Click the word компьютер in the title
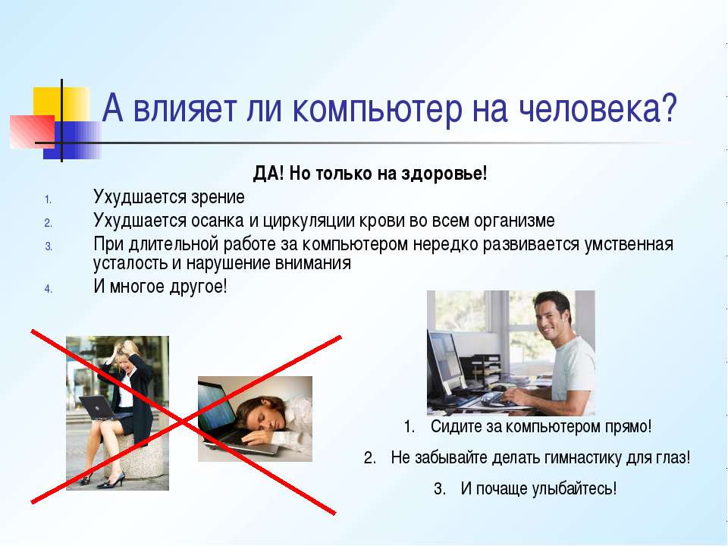click(378, 109)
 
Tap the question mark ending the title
click(668, 108)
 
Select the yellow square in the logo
click(61, 105)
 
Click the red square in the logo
click(32, 131)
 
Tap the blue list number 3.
click(49, 246)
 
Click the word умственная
click(629, 244)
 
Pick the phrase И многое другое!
click(160, 287)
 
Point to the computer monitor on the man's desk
click(444, 365)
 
